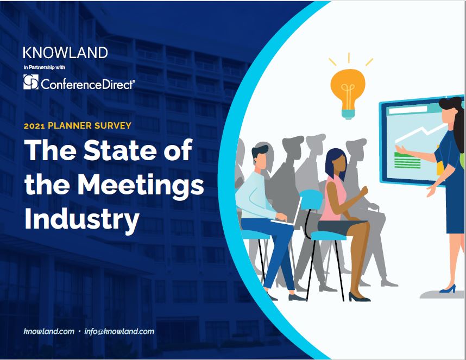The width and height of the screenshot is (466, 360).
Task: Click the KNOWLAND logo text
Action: point(65,53)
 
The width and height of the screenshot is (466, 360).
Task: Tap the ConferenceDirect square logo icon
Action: point(31,82)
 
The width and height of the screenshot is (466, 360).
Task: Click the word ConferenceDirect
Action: point(88,84)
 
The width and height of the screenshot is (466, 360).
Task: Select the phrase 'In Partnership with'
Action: point(45,67)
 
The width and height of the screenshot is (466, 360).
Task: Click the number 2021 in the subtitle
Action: point(34,125)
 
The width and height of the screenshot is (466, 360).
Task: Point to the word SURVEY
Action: point(113,125)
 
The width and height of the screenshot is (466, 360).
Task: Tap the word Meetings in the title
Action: point(141,184)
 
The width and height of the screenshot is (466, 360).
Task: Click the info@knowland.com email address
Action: point(119,331)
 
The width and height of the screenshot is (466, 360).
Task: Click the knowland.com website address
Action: point(49,331)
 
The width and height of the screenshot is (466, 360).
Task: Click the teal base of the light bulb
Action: point(348,114)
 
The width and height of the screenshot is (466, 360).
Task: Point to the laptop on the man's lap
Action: point(287,211)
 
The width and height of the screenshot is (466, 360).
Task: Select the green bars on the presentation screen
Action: point(407,160)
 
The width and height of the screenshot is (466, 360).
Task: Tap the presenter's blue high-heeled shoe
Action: point(448,289)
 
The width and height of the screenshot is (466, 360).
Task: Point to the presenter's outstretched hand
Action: point(401,149)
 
